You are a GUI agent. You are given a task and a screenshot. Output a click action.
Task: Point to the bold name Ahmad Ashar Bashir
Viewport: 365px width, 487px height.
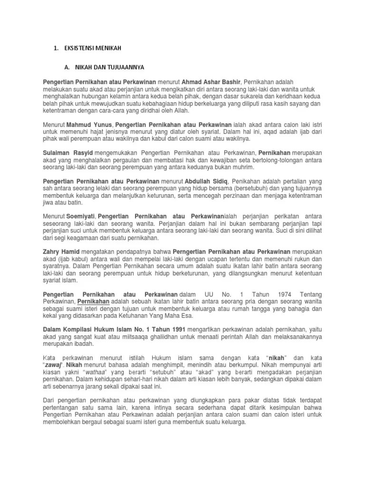point(213,82)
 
